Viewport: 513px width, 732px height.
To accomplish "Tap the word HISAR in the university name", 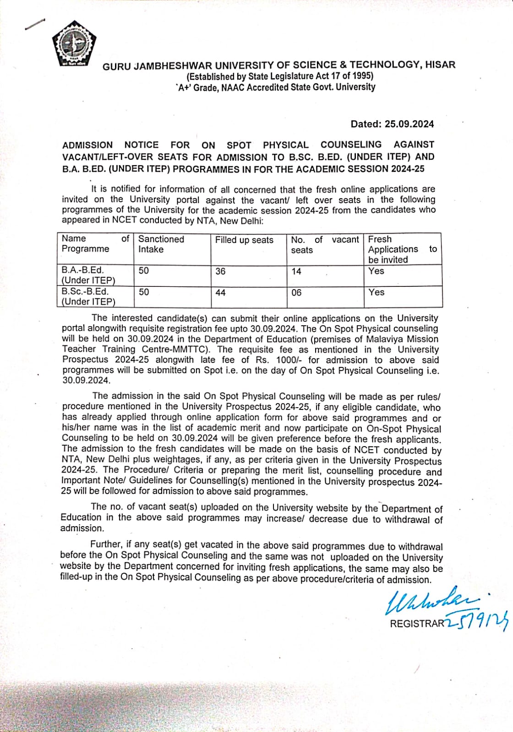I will [x=440, y=65].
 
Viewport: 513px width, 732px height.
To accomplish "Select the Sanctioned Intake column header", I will [x=161, y=244].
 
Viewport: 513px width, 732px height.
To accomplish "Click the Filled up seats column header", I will [x=244, y=240].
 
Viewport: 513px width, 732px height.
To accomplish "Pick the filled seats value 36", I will [x=220, y=271].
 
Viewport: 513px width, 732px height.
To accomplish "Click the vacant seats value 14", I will [x=296, y=271].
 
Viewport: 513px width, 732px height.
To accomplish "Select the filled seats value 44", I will [x=220, y=292].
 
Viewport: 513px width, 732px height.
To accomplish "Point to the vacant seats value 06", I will [x=296, y=292].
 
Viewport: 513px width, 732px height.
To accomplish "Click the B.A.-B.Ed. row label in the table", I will [x=88, y=275].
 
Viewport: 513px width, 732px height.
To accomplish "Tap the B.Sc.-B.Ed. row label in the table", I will [x=88, y=296].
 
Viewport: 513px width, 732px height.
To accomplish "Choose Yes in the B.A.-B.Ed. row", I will [x=376, y=271].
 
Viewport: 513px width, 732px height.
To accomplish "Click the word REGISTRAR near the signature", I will [x=417, y=623].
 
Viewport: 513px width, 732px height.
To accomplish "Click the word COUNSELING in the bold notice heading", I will [x=351, y=145].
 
